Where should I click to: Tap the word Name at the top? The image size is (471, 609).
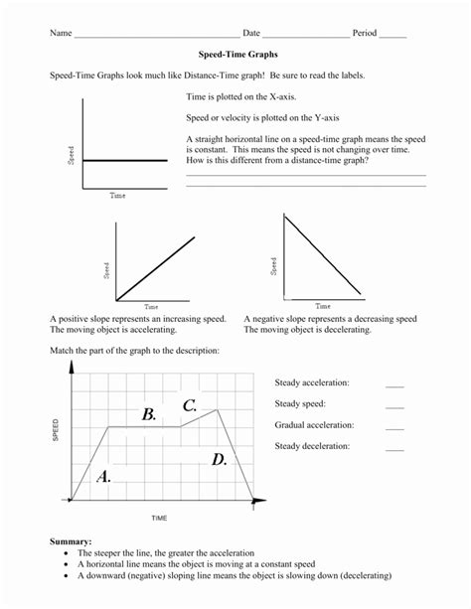point(61,33)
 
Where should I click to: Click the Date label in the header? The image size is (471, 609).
point(252,33)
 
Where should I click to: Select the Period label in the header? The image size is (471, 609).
point(365,33)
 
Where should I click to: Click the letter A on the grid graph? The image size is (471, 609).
point(102,477)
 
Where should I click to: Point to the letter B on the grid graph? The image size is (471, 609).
point(149,414)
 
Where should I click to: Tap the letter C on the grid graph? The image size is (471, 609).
point(189,405)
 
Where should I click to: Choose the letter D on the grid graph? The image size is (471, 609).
point(220,459)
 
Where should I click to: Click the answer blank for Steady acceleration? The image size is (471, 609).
point(394,384)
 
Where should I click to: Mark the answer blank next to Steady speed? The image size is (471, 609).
point(394,405)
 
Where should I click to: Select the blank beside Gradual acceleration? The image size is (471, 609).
point(394,426)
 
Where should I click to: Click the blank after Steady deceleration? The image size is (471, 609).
point(394,448)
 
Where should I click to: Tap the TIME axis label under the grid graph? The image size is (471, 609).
point(159,518)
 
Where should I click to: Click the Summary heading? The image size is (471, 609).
point(71,540)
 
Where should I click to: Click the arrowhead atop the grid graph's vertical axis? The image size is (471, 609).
point(71,367)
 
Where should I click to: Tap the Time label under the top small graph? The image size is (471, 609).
point(117,196)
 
